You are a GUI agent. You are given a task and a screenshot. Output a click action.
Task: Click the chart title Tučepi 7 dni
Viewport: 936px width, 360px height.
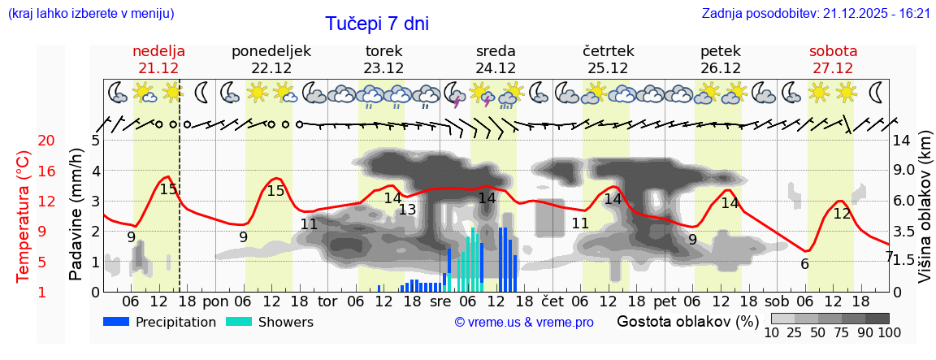coord(377,24)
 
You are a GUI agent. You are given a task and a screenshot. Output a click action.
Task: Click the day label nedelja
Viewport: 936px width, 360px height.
coord(158,51)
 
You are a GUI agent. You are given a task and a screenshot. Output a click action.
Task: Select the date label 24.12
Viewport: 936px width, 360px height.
coord(496,68)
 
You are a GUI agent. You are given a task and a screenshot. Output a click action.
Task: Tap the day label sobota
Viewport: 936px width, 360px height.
coord(833,51)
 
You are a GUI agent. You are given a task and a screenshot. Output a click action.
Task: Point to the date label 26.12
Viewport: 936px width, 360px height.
coord(720,68)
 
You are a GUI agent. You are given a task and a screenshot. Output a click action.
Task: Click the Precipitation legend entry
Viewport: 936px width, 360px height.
coord(160,322)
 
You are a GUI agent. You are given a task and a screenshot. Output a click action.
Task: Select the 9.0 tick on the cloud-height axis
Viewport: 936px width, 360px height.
coord(904,171)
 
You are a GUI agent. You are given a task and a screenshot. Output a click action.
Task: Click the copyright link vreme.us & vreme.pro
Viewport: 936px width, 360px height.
coord(524,322)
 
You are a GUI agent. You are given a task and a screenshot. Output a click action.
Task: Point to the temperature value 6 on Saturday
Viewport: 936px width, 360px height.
coord(804,263)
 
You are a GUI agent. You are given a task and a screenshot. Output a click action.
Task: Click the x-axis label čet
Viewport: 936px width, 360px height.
coord(552,301)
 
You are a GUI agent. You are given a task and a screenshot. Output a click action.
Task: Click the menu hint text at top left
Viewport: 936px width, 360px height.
coord(90,13)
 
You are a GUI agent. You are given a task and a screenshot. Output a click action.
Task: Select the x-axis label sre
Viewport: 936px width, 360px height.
coord(440,301)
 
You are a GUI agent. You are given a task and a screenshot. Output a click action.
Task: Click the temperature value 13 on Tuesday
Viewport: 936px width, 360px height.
coord(407,210)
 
